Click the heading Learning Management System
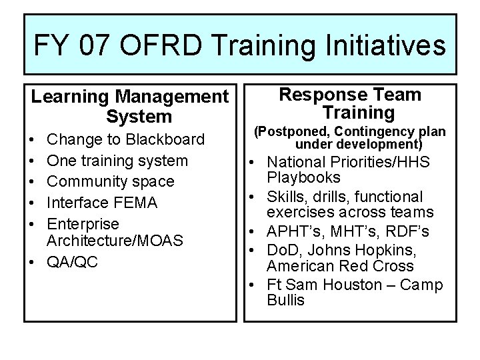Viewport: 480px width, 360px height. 129,107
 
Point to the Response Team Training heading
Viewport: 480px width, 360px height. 349,103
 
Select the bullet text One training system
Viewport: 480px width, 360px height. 117,161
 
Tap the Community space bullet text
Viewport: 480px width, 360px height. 110,181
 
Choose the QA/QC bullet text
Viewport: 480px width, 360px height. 72,262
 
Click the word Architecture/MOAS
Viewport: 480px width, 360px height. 115,240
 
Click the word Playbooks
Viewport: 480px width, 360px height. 303,177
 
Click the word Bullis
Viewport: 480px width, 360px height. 285,300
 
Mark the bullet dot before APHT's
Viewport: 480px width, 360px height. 256,232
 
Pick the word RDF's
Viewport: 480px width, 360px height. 409,231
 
